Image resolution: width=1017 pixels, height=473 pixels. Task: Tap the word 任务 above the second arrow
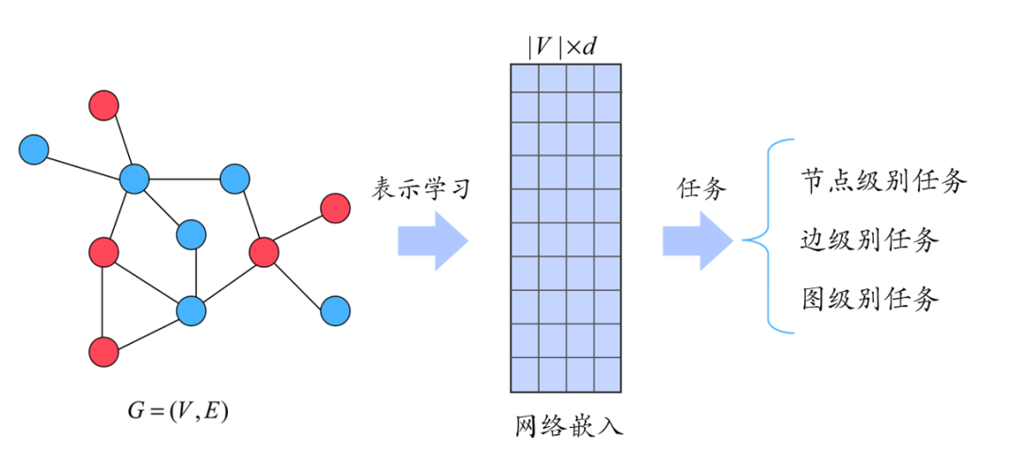pyautogui.click(x=702, y=188)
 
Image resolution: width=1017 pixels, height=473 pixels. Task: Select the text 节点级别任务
pyautogui.click(x=883, y=181)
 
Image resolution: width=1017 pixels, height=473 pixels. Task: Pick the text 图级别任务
pyautogui.click(x=869, y=300)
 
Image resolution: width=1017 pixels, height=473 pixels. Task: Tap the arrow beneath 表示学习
pyautogui.click(x=432, y=242)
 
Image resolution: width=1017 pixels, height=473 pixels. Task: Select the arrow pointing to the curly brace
pyautogui.click(x=698, y=242)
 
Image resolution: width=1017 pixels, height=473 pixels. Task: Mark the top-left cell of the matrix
pyautogui.click(x=525, y=77)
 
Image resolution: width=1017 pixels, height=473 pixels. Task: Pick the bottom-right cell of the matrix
pyautogui.click(x=607, y=375)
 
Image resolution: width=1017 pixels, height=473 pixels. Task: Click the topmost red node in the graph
pyautogui.click(x=104, y=106)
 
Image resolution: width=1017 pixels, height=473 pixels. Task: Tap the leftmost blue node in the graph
pyautogui.click(x=34, y=149)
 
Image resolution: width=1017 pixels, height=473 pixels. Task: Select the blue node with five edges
pyautogui.click(x=135, y=178)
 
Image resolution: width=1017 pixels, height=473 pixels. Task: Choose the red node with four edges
pyautogui.click(x=265, y=252)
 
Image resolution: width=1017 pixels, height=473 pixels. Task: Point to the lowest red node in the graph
pyautogui.click(x=104, y=351)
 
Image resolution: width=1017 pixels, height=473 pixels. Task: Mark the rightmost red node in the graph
pyautogui.click(x=335, y=207)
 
